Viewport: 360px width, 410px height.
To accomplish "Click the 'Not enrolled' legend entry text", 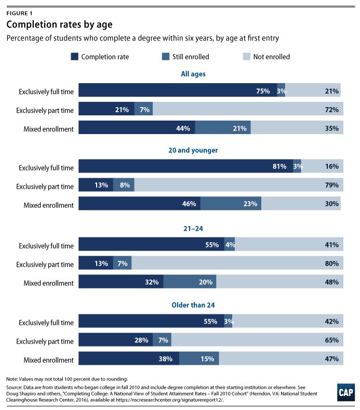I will coord(271,56).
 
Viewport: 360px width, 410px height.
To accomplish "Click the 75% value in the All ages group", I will coord(263,91).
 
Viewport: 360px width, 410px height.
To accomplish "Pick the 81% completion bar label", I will coord(279,167).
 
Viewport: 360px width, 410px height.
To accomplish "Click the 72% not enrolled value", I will coord(331,110).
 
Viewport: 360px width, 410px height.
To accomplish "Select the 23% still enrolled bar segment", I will coord(231,204).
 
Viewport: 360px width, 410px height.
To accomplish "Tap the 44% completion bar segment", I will coord(137,128).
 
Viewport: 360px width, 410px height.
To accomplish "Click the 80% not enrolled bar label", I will coord(331,263).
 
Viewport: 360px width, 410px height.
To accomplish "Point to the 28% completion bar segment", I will coord(125,340).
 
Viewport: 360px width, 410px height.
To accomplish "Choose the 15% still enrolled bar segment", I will coord(199,359).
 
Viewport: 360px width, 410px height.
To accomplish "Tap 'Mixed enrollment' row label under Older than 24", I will coord(49,359).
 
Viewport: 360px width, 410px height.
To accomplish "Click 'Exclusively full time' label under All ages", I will coord(46,92).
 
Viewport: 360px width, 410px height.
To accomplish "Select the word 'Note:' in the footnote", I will coord(14,379).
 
